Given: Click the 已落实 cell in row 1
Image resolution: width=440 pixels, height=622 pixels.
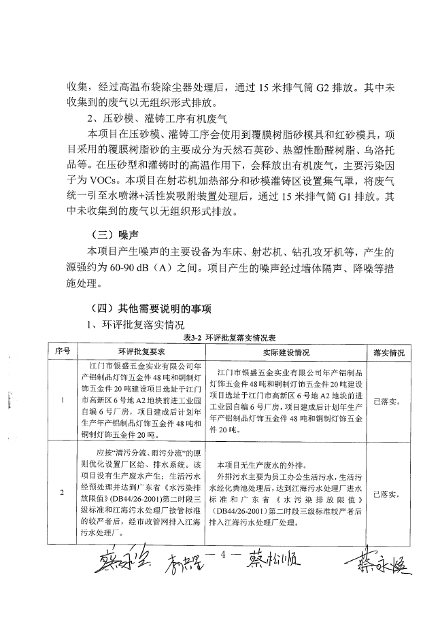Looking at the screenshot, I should coord(387,402).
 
